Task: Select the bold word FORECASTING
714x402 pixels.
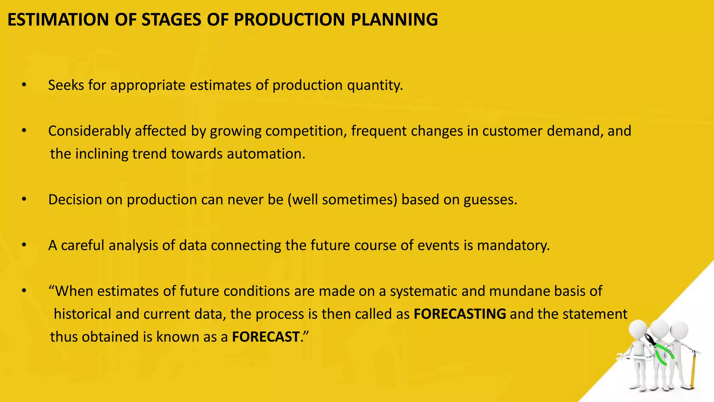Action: (x=459, y=314)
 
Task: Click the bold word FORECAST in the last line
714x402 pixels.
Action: (x=265, y=337)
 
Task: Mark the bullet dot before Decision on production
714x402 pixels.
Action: (x=24, y=200)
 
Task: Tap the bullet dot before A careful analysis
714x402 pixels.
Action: (x=24, y=245)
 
